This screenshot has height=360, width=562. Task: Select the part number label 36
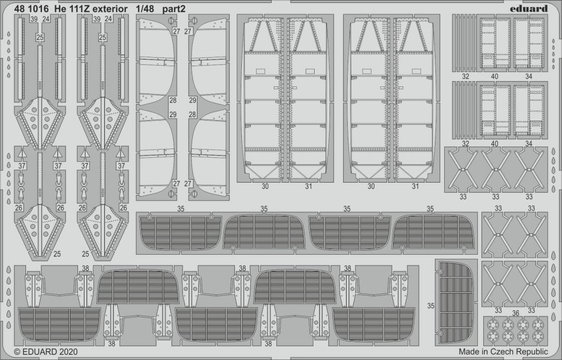click(x=515, y=313)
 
